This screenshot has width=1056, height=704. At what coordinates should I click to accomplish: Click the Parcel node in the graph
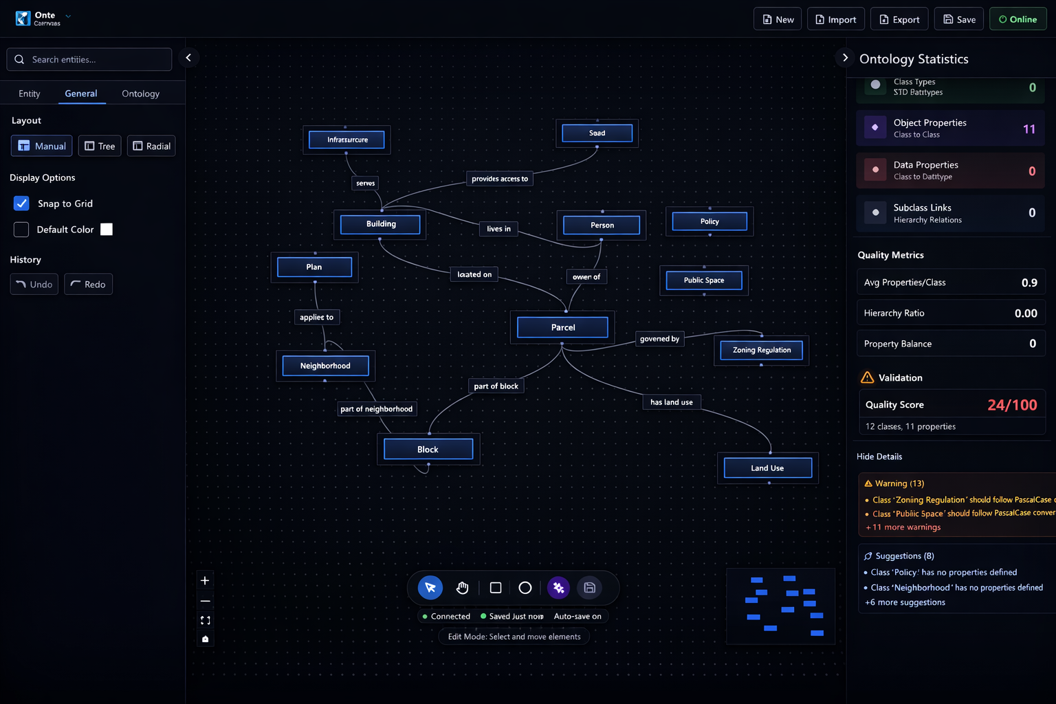562,327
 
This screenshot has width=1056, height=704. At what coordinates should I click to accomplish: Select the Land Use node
767,468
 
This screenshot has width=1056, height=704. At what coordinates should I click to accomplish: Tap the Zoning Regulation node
761,350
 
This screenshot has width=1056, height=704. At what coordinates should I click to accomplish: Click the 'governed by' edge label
659,339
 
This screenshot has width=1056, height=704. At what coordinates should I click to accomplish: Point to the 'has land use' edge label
671,402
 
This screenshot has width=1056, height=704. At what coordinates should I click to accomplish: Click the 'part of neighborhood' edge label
377,409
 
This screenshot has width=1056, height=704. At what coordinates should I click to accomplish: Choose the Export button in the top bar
899,19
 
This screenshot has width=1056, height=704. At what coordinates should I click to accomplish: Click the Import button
835,19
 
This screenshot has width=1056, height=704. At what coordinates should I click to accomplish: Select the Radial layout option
151,146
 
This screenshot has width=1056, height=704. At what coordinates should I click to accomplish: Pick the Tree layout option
100,146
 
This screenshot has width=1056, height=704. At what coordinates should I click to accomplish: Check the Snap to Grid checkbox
21,203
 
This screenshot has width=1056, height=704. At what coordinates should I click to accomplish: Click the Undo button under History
34,284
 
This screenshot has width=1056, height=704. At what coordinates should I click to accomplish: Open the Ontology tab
140,93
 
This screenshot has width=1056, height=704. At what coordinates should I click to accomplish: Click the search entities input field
89,60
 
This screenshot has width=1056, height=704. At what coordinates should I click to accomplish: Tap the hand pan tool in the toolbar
462,588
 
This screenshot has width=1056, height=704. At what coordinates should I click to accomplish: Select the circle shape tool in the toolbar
525,588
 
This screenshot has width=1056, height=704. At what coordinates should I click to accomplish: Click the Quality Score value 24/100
1012,405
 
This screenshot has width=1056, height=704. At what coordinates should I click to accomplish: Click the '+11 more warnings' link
903,527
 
